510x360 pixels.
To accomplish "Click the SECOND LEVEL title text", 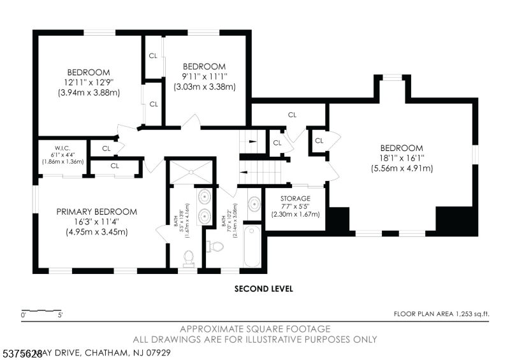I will [264, 289].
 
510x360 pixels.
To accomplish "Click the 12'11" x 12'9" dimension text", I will [88, 82].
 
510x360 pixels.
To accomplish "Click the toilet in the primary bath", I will [189, 257].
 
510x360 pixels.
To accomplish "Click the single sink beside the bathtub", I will [253, 205].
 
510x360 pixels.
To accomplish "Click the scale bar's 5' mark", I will [61, 315].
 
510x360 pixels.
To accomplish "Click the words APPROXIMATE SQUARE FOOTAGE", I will [255, 329].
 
